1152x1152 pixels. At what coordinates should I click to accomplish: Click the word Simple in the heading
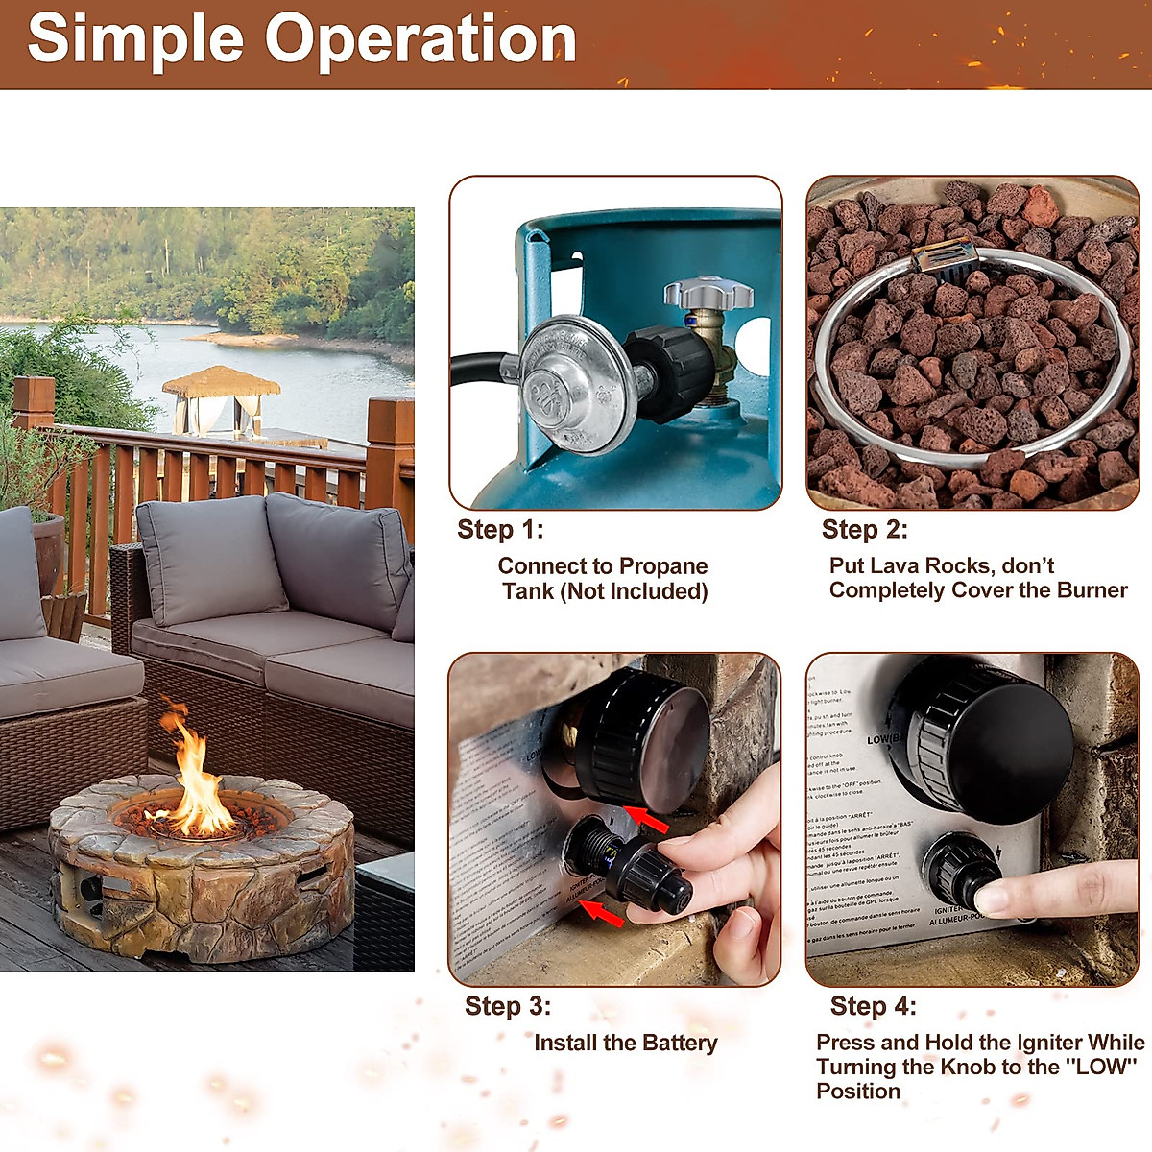click(135, 39)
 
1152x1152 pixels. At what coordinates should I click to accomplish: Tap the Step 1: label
click(500, 529)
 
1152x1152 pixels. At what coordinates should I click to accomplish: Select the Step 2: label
click(864, 529)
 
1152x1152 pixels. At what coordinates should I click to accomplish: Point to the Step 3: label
click(508, 1006)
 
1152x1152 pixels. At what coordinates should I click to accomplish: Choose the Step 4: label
click(873, 1006)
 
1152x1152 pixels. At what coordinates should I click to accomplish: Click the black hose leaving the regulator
click(480, 370)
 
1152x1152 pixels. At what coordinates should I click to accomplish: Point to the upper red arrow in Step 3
click(653, 820)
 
